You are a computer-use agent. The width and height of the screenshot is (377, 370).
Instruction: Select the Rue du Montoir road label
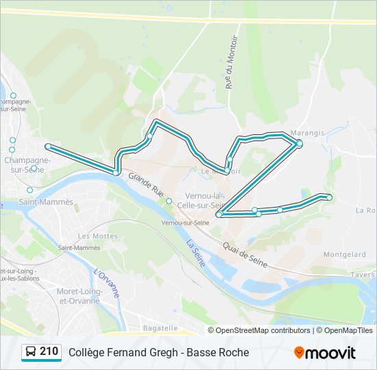(x=230, y=71)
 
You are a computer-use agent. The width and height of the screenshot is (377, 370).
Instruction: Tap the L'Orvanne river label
(x=106, y=282)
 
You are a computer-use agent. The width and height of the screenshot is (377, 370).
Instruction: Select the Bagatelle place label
(x=159, y=328)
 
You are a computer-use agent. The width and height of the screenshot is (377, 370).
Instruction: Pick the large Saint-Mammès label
(x=46, y=202)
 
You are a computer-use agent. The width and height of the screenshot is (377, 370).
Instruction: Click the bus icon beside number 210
(x=30, y=352)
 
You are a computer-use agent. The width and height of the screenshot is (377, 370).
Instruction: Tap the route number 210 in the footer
(x=49, y=351)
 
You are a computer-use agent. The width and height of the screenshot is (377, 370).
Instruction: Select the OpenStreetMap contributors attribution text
(x=263, y=330)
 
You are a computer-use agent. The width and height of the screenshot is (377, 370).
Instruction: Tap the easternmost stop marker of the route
(x=329, y=197)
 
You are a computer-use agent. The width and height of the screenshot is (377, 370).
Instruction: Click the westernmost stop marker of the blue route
(x=48, y=147)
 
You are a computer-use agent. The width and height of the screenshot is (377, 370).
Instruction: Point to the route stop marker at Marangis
(x=299, y=143)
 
